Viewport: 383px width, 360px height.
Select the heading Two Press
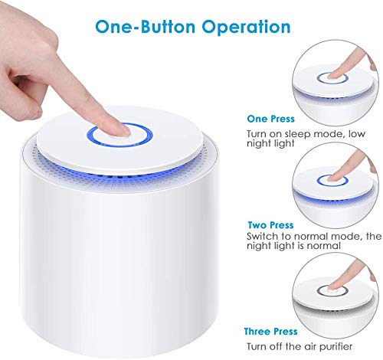point(269,225)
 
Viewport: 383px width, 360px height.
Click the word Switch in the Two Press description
point(263,237)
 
